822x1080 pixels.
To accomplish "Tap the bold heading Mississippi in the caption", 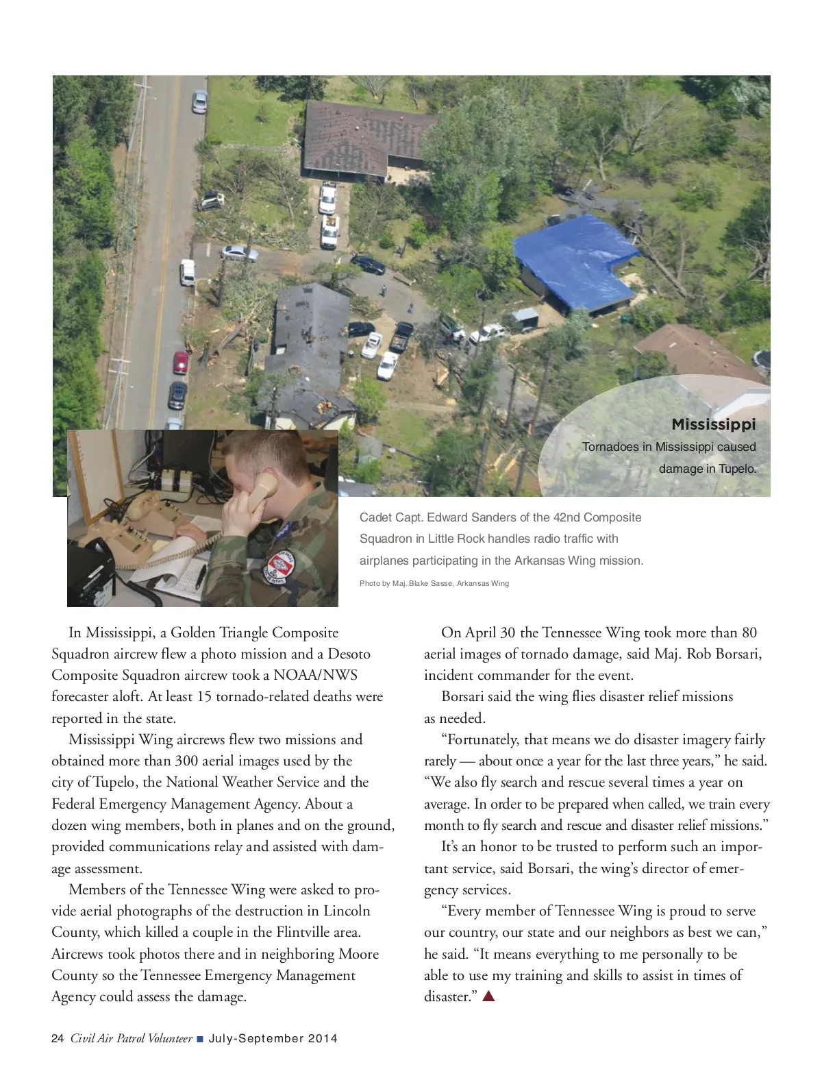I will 713,424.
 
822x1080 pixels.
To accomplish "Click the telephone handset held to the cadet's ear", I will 263,490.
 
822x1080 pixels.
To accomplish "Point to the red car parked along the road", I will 180,362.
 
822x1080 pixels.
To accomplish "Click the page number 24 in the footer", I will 58,1038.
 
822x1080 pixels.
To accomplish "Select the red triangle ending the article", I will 488,996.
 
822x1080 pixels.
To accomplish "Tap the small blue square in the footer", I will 200,1039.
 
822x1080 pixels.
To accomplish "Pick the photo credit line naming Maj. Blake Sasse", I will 434,583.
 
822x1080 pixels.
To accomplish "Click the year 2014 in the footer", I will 323,1038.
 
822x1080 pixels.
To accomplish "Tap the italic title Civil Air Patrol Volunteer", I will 131,1038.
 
